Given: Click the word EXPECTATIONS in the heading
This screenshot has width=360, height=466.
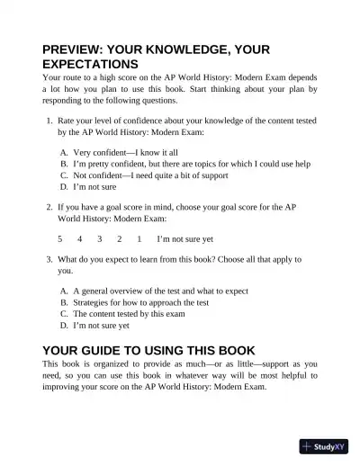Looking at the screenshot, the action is point(90,66).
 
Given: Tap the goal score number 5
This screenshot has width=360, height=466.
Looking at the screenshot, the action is point(60,239).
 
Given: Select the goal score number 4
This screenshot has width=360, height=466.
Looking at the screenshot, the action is point(79,239).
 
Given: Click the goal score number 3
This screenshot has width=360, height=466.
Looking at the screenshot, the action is point(99,239).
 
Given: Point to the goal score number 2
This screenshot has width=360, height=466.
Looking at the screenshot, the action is point(119,239).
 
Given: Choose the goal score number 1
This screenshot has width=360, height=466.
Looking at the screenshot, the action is point(139,239).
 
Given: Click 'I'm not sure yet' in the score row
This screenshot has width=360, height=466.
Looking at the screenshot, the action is point(185,239).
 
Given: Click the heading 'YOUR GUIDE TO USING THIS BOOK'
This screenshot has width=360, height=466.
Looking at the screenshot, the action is point(148,350).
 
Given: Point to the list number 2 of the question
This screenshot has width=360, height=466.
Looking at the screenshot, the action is point(49,206).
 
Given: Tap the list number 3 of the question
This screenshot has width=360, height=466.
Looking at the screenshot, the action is point(49,259).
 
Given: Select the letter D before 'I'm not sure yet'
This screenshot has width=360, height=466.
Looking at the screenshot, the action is point(64,327).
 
